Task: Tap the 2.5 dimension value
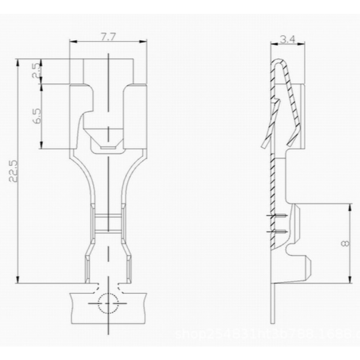pyautogui.click(x=37, y=72)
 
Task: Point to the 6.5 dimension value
pyautogui.click(x=37, y=116)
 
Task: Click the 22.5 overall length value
pyautogui.click(x=13, y=171)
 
